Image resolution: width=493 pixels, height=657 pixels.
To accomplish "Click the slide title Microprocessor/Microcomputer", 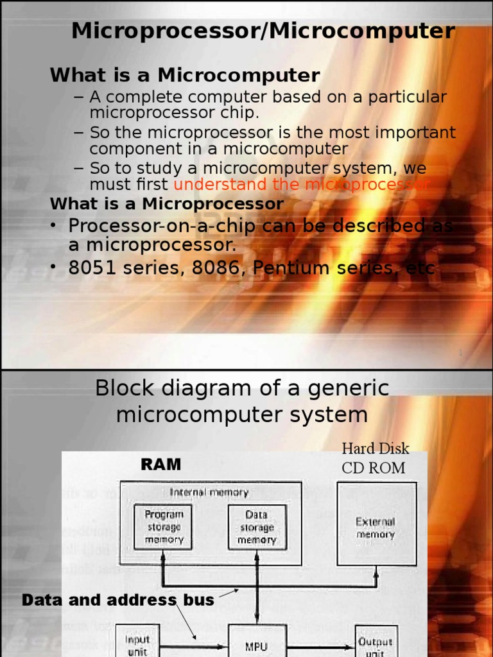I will point(263,31).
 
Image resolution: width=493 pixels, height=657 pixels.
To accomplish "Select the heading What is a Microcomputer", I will point(185,76).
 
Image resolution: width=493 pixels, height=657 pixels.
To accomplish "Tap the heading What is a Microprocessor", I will point(167,204).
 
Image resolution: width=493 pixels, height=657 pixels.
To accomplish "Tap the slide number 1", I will point(460,352).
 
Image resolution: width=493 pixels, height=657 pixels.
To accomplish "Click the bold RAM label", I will point(160,464).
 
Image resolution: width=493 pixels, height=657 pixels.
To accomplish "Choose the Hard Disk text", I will point(376,448).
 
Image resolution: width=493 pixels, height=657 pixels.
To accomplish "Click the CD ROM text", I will point(374,468).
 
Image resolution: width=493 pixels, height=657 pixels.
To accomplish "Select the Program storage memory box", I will point(164,527).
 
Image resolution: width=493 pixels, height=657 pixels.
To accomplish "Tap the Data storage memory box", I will point(257,527).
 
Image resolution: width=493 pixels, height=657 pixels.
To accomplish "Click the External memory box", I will point(376,528).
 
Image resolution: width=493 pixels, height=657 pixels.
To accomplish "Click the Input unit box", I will point(137,644).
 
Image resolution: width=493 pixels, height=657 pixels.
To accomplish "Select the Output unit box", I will point(376,644).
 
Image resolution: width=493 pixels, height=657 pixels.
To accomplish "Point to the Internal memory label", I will point(209,492).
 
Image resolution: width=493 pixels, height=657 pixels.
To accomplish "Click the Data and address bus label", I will point(118,601).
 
